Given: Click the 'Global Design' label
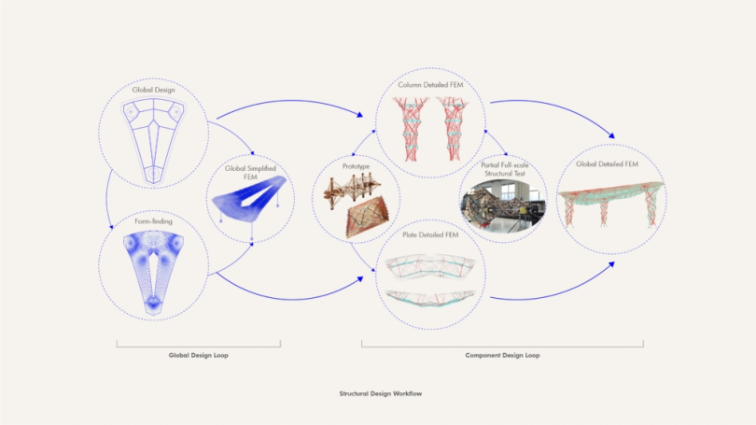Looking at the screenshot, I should (x=154, y=90).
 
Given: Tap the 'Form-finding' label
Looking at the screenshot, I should (x=154, y=222).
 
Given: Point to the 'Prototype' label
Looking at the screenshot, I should (x=357, y=166).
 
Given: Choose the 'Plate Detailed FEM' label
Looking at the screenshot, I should (x=432, y=234).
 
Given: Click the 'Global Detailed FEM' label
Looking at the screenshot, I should (x=611, y=164).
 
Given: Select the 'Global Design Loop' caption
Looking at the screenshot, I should (x=199, y=356).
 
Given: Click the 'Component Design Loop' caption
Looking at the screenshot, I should (x=501, y=356).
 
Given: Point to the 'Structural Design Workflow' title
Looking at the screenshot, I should (x=380, y=394).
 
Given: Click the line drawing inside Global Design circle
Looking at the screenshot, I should (x=154, y=137).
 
